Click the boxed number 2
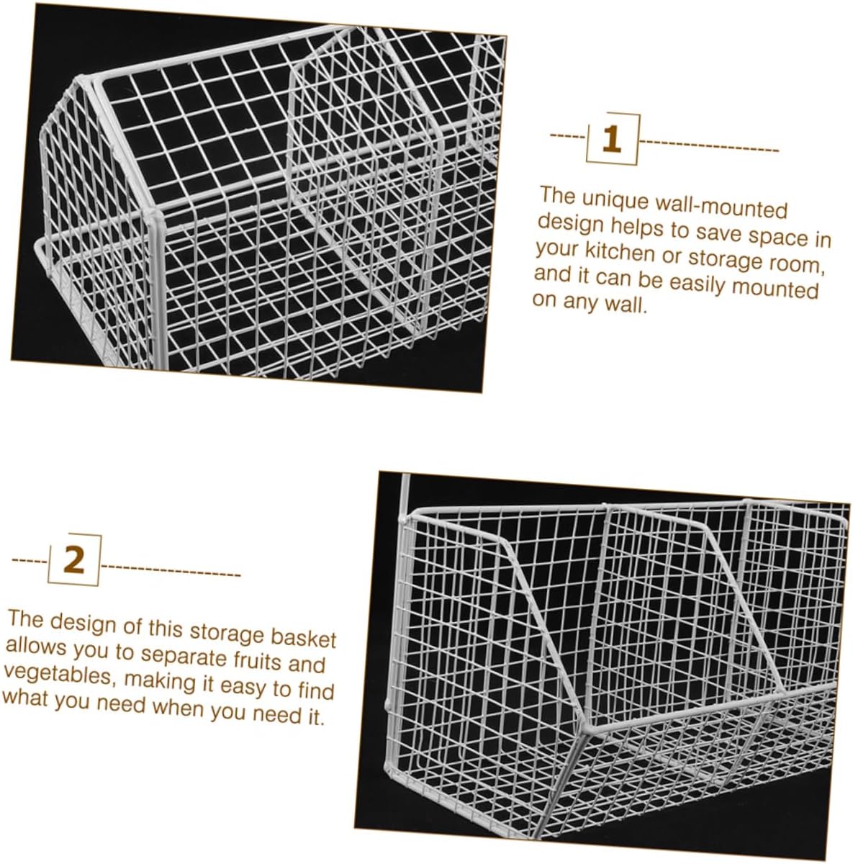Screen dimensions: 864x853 click(74, 559)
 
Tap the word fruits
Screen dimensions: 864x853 click(261, 659)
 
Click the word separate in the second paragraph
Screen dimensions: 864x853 click(183, 655)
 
